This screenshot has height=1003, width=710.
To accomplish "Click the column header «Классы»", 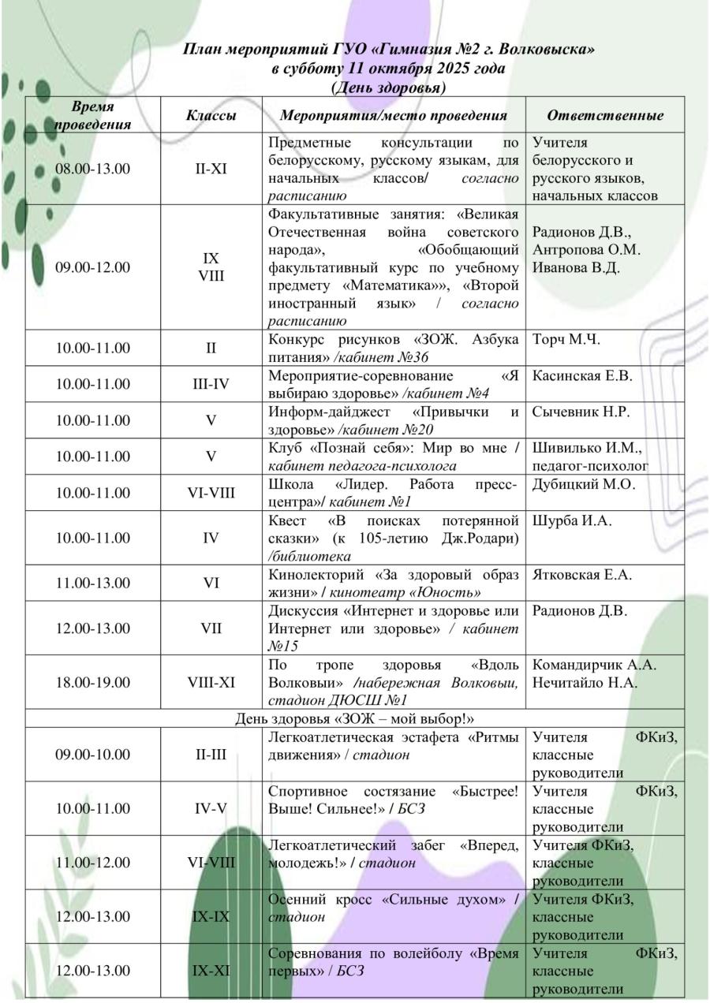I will point(211,115).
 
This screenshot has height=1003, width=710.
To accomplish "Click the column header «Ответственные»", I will point(605,115).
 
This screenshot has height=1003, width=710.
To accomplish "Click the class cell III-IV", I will point(211,384).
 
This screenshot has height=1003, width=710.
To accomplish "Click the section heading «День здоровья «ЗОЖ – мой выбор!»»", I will point(354,718).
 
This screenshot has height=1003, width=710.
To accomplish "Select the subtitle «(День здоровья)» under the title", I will point(389,87).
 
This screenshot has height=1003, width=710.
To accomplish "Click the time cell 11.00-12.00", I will point(92,862).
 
